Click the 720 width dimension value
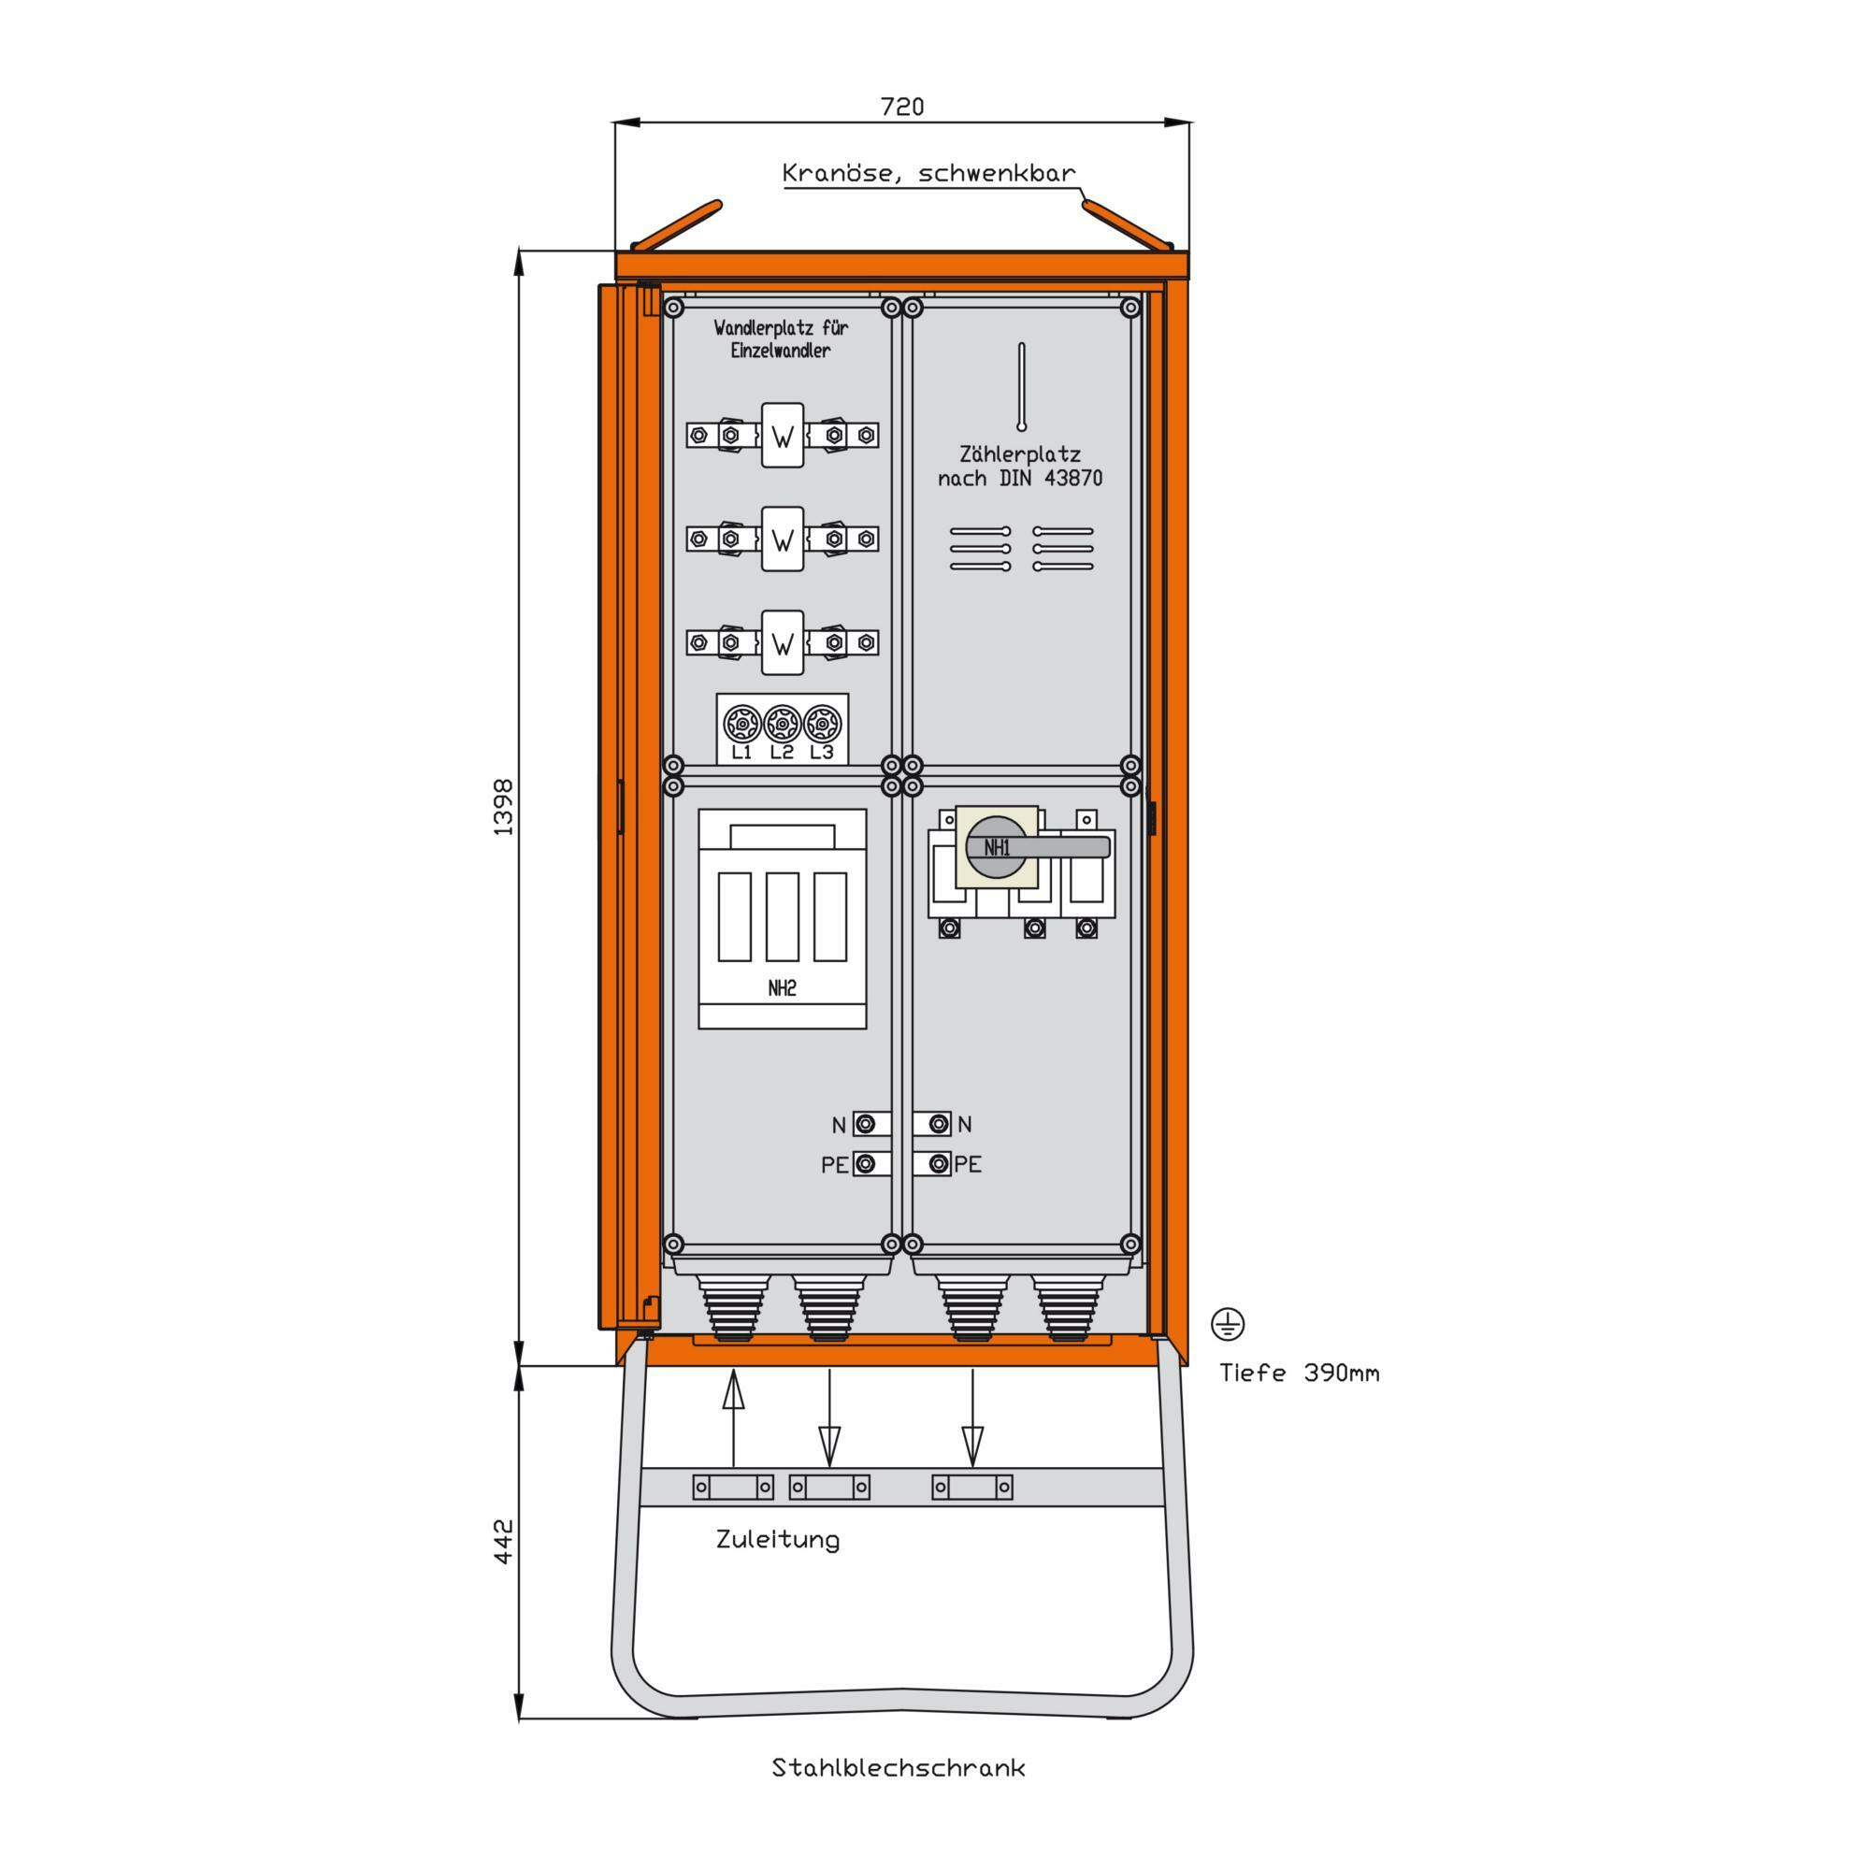(x=902, y=107)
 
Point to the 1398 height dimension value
(x=503, y=807)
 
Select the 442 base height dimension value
(x=503, y=1541)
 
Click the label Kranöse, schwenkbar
(x=928, y=173)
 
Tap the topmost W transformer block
(x=782, y=436)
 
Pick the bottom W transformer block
(x=782, y=642)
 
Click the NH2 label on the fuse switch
(x=782, y=988)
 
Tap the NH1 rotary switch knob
(x=998, y=847)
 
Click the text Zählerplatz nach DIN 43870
(x=1020, y=466)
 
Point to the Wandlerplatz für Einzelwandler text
(x=780, y=338)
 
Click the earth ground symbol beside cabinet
(x=1229, y=1323)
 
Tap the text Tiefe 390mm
(x=1299, y=1373)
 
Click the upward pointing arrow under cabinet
(x=734, y=1431)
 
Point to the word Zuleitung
(x=777, y=1540)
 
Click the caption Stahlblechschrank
(x=899, y=1768)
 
